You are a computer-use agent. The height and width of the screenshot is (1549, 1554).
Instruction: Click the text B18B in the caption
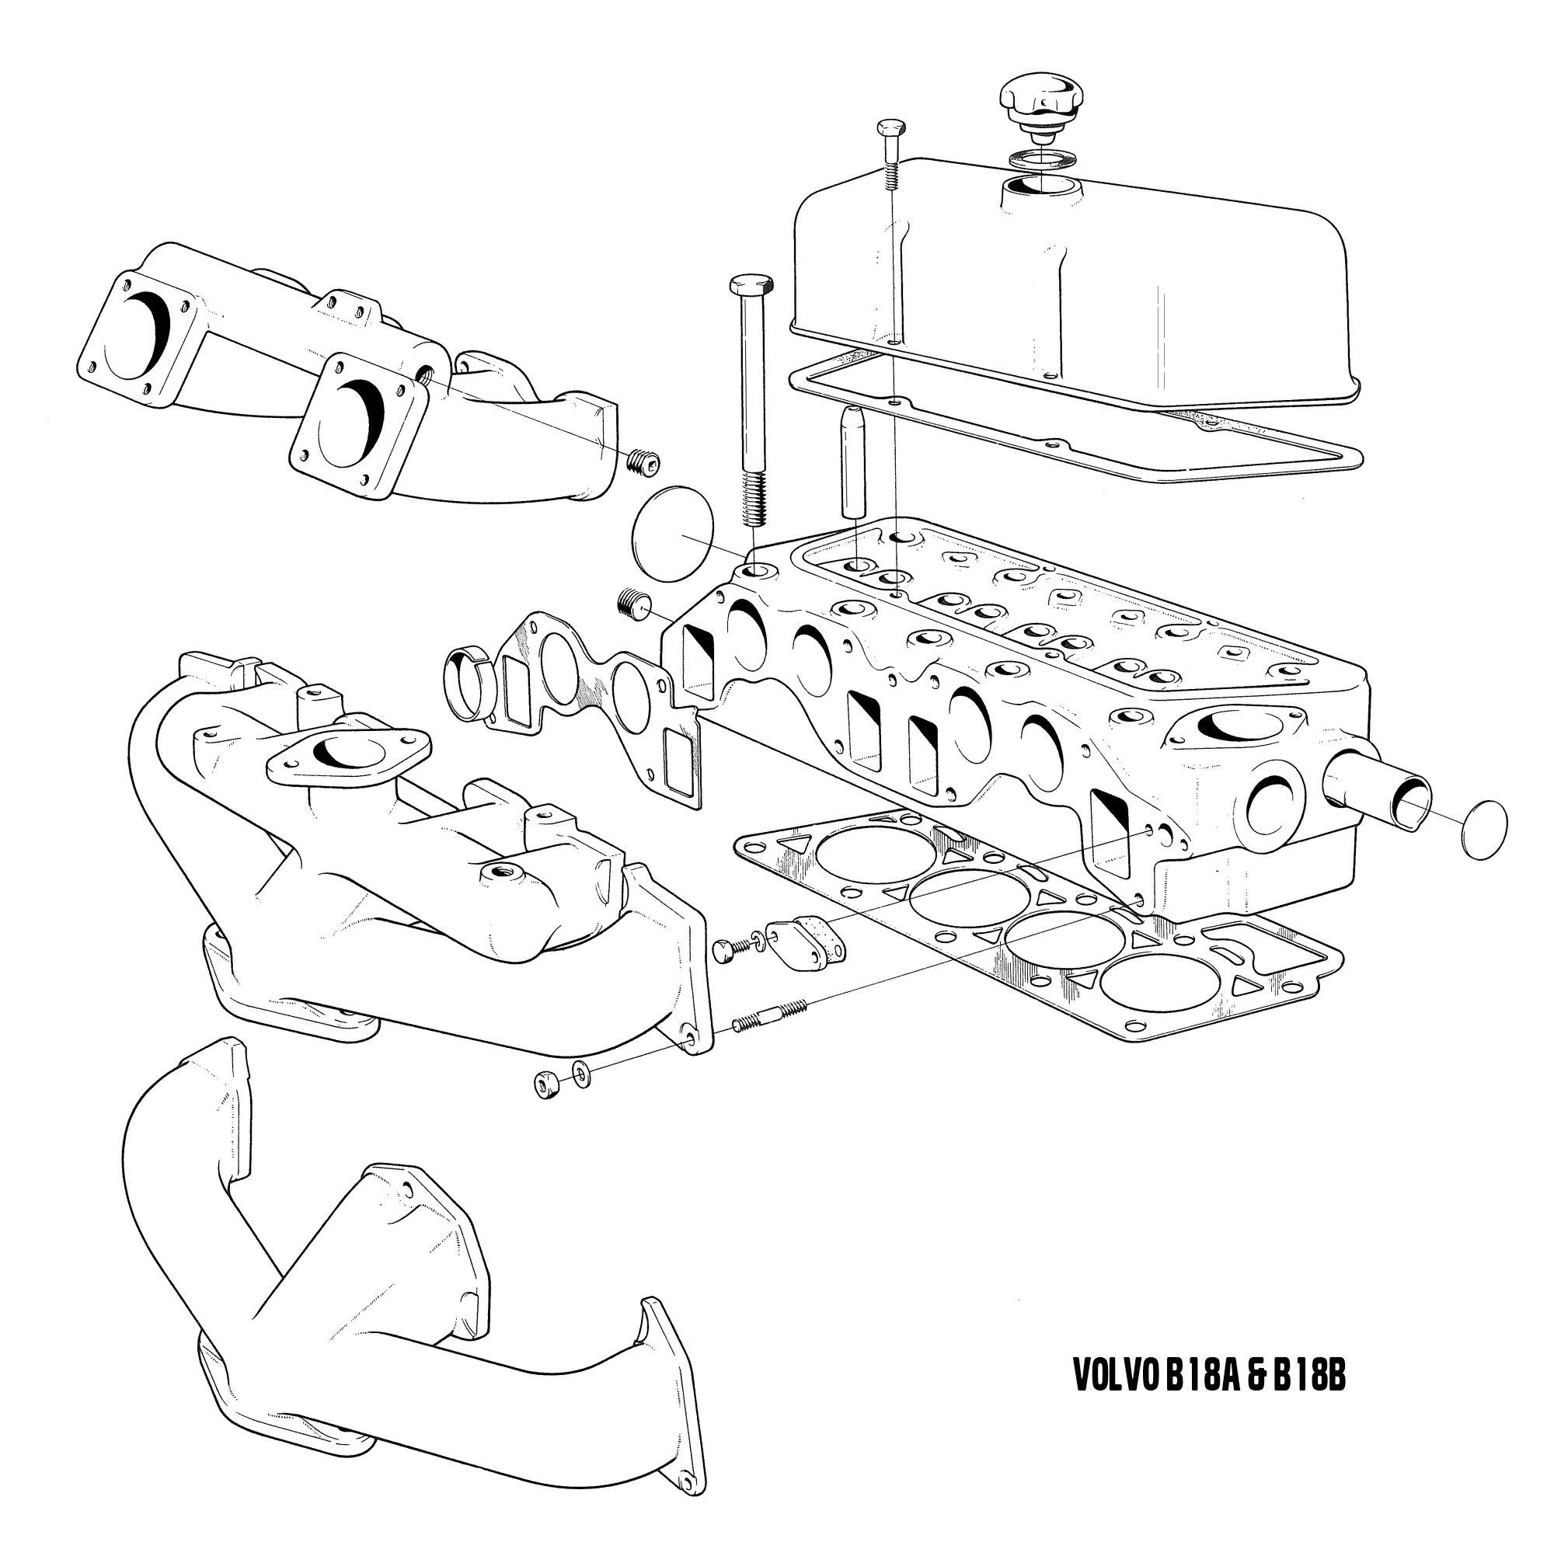tap(1298, 1375)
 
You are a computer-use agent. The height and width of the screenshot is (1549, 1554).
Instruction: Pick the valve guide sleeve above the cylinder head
tap(852, 461)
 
